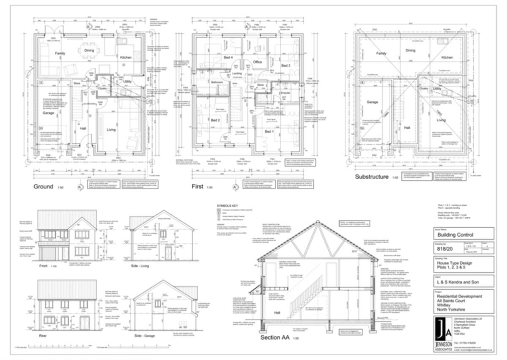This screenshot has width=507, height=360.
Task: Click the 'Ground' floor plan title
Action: (x=44, y=186)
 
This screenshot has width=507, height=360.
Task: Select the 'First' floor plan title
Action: (x=197, y=186)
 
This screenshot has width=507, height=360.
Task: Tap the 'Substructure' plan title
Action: (x=371, y=177)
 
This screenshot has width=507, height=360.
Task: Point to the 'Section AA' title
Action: (x=275, y=337)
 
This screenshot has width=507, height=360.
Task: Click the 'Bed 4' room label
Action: (x=229, y=57)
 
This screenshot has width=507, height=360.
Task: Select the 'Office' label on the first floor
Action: (x=258, y=62)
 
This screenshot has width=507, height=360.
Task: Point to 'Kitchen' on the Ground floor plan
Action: (x=125, y=57)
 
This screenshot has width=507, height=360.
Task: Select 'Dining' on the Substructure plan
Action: (x=410, y=50)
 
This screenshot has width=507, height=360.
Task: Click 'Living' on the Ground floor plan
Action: (x=111, y=129)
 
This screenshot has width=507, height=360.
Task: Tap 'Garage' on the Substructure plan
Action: (x=372, y=102)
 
